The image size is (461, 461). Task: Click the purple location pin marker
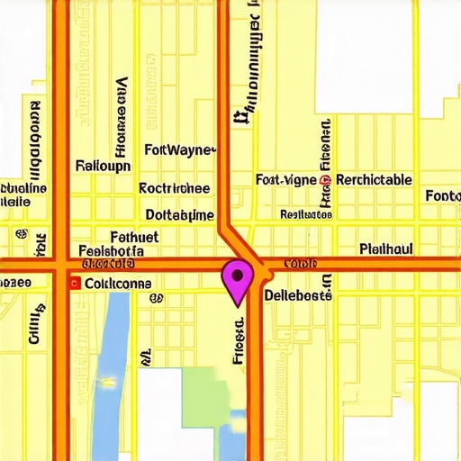point(237,277)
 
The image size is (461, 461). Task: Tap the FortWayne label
point(179,149)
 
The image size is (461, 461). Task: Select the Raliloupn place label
point(103,166)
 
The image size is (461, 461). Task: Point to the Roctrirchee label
point(175,189)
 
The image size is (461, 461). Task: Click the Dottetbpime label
point(179,215)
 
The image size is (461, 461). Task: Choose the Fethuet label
point(132,236)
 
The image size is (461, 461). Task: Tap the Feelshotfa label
point(111,250)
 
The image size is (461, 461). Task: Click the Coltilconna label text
point(117,283)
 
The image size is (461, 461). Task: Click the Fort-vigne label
point(285,180)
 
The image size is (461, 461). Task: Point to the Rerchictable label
point(374,180)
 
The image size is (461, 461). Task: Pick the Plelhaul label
point(385,248)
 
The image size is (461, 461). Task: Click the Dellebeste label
point(298,294)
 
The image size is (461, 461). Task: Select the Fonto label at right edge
point(442,196)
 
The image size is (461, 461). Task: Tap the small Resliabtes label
point(305,214)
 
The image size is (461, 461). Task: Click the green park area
point(205,396)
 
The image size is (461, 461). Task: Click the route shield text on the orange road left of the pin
point(108,265)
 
